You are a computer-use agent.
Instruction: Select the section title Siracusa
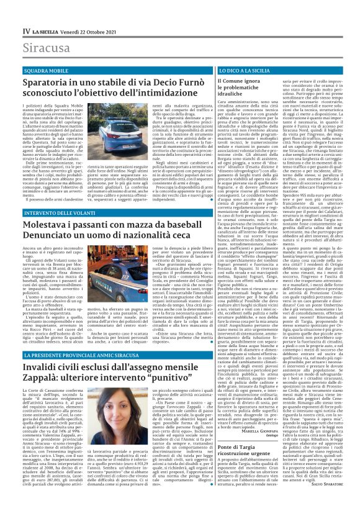[x=46, y=48]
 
